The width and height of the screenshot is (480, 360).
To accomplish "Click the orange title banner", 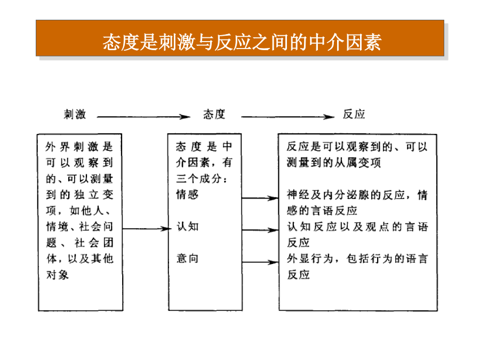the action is click(x=240, y=38).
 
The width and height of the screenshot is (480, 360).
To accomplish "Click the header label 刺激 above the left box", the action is click(x=75, y=114).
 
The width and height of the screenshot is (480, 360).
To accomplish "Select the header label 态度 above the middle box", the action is click(x=214, y=114).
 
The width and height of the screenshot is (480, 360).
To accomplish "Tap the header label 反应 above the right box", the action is click(x=354, y=114).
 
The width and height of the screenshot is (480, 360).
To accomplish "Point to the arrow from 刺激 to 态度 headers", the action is click(x=143, y=117).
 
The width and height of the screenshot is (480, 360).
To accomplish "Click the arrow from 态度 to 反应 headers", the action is click(x=288, y=117).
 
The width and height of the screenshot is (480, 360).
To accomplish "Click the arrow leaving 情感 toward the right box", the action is click(x=260, y=198).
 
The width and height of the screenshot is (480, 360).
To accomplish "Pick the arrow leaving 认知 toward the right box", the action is click(x=260, y=230).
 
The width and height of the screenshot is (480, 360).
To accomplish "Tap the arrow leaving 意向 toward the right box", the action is click(x=260, y=262).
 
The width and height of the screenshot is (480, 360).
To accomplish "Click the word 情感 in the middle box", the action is click(x=187, y=195).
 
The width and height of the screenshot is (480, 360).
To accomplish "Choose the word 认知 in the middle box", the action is click(x=187, y=227).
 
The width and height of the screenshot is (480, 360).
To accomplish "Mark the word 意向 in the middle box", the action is click(x=187, y=259).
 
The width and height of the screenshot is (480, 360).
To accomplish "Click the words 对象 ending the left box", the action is click(x=57, y=275).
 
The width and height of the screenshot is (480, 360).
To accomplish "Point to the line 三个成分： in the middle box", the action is click(x=202, y=179).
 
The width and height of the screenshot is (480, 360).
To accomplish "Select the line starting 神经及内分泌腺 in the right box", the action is click(x=357, y=195).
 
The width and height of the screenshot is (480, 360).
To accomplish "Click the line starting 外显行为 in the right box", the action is click(x=357, y=259).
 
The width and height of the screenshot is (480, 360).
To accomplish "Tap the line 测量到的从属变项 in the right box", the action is click(x=334, y=163).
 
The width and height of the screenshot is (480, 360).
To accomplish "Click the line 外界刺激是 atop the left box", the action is click(x=79, y=147).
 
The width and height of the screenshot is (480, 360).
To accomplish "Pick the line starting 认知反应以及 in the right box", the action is click(x=357, y=227).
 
